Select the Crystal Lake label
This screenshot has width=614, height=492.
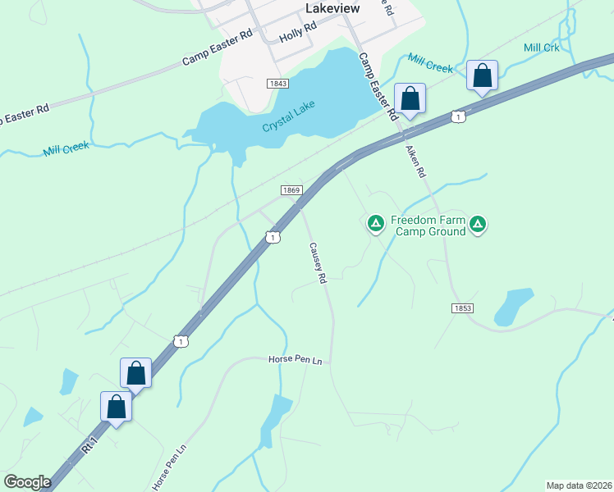[288, 121]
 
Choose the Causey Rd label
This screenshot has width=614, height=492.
[318, 262]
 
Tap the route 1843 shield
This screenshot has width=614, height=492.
[277, 84]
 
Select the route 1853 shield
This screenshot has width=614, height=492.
[462, 307]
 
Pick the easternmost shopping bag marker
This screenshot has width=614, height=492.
[482, 75]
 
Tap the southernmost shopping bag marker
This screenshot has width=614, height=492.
[117, 407]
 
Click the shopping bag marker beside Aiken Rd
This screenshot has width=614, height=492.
[410, 98]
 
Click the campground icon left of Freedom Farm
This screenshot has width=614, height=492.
[376, 222]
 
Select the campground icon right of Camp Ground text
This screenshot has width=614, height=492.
[479, 222]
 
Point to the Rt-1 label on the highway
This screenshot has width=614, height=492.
[89, 445]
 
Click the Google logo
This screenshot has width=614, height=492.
[27, 482]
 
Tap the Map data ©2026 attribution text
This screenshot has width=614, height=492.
[580, 485]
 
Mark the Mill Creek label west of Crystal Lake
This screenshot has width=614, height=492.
[66, 148]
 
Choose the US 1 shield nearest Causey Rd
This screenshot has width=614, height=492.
[273, 237]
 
